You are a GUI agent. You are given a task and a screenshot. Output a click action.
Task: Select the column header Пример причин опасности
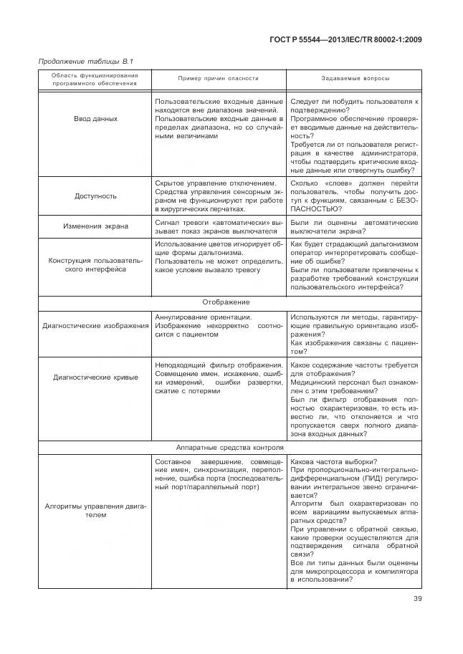pyautogui.click(x=218, y=78)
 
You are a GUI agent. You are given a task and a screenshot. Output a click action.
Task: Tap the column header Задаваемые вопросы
pyautogui.click(x=353, y=78)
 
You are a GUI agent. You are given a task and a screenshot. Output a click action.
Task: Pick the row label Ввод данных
pyautogui.click(x=95, y=119)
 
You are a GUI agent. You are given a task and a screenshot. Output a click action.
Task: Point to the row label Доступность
pyautogui.click(x=95, y=196)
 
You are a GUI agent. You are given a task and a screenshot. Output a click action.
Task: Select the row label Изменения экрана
pyautogui.click(x=95, y=226)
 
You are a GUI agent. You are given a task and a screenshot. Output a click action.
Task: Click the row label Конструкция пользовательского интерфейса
pyautogui.click(x=95, y=264)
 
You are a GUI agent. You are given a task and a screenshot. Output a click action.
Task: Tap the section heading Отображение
pyautogui.click(x=231, y=302)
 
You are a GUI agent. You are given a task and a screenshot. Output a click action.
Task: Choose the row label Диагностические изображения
pyautogui.click(x=95, y=326)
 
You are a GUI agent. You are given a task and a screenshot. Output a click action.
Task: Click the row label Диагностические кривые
pyautogui.click(x=95, y=377)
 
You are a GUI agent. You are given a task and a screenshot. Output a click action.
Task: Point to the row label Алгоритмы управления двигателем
pyautogui.click(x=95, y=509)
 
